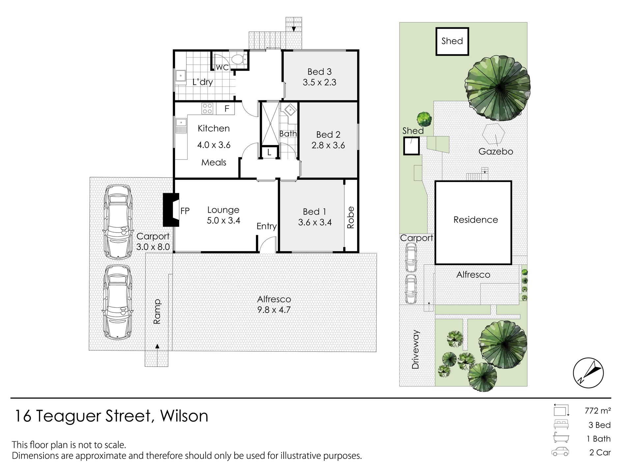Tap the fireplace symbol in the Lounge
171,210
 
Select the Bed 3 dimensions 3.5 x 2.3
319,82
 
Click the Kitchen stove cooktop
207,109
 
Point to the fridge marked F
227,109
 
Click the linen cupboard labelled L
269,152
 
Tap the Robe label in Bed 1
351,217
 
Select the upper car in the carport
118,222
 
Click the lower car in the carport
118,302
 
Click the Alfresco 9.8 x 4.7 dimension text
274,310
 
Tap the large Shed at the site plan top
452,41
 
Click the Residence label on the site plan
475,220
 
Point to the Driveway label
415,349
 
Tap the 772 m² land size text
598,411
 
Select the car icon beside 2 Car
560,452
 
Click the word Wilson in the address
184,416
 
